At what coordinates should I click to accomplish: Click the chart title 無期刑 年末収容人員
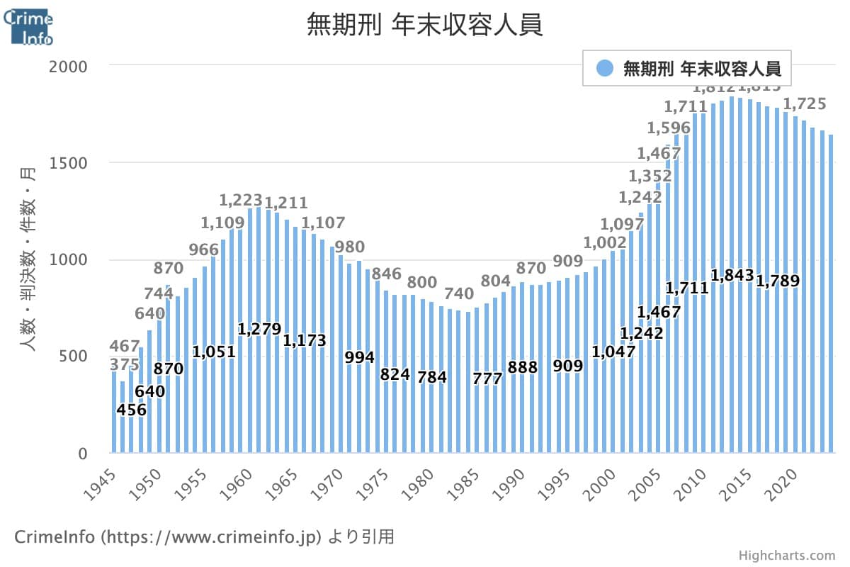pos(424,26)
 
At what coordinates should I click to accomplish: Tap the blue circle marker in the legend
pos(604,68)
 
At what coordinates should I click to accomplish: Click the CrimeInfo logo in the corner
pos(28,24)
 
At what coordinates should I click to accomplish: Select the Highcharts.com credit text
pos(786,556)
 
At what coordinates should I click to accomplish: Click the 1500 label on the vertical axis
pos(68,163)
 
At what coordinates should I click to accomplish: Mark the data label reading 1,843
pos(732,275)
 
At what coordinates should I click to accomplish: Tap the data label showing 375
pos(124,364)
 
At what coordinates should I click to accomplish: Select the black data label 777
pos(487,378)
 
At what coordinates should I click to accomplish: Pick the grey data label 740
pos(459,293)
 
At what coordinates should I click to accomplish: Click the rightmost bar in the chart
pos(831,293)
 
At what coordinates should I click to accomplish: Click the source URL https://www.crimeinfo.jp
pos(213,537)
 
